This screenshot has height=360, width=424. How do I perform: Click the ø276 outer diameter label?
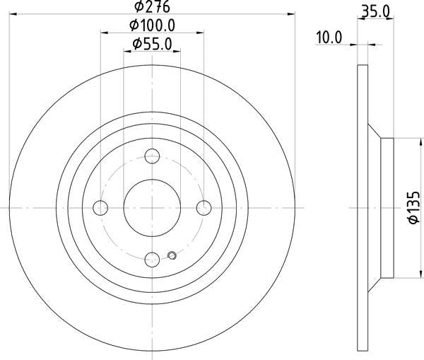[x=152, y=6]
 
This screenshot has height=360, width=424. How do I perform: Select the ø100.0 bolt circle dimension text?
[x=152, y=25]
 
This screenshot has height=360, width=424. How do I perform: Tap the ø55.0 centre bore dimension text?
[x=152, y=44]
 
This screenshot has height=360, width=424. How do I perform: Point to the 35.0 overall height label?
[x=376, y=12]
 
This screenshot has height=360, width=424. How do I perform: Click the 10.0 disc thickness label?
[x=329, y=37]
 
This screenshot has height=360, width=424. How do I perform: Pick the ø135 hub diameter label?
[x=414, y=208]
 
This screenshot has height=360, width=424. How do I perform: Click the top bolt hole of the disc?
[x=152, y=156]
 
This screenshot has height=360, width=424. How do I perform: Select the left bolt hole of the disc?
[x=100, y=208]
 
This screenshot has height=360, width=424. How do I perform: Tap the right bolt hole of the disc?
[x=204, y=208]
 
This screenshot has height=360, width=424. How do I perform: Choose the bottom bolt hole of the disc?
[x=152, y=260]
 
